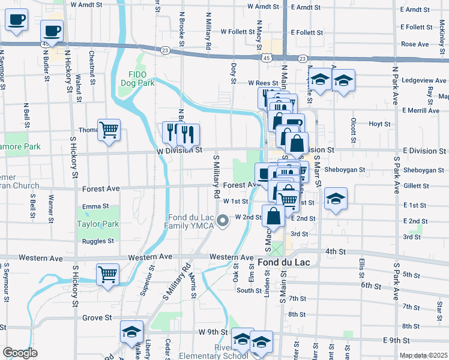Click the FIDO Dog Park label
138,78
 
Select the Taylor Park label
98,224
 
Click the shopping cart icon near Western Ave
108,275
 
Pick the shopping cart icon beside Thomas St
109,129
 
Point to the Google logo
20,352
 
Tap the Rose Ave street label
415,44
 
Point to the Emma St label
95,206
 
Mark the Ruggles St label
98,241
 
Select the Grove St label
93,317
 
